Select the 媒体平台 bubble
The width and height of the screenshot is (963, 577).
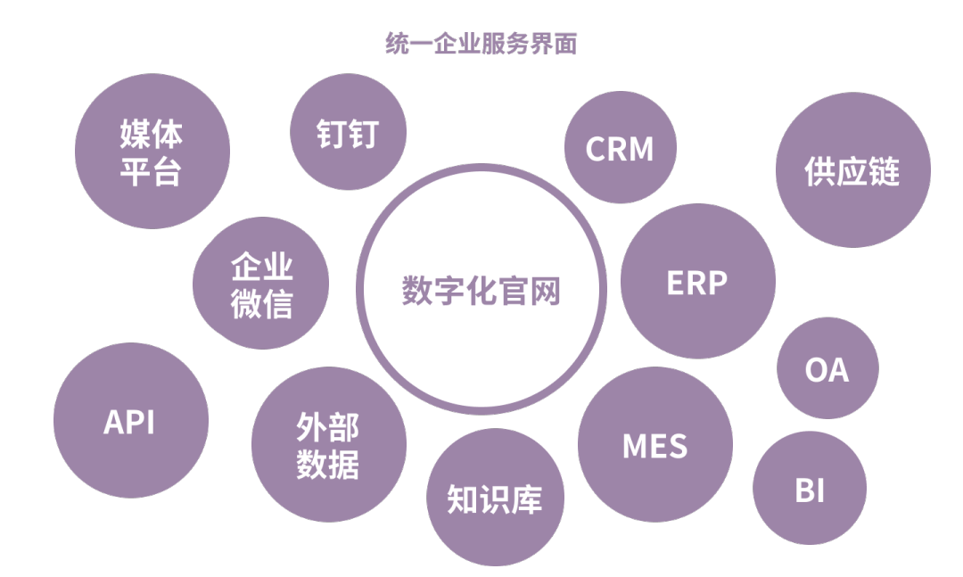(152, 152)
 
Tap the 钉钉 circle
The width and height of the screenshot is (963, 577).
(348, 133)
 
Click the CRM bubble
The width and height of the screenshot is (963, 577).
(620, 148)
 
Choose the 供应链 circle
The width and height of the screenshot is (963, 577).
(852, 170)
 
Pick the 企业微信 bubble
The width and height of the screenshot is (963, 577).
(261, 284)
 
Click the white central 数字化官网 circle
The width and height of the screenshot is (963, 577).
(481, 290)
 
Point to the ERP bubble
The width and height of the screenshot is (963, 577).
(697, 282)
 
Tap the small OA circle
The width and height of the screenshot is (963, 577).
(827, 368)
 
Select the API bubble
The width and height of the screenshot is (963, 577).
(130, 421)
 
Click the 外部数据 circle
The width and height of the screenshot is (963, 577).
(328, 445)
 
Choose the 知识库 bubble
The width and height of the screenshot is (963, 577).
(494, 499)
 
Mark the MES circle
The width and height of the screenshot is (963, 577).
(654, 445)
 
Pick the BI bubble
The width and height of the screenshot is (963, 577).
(809, 490)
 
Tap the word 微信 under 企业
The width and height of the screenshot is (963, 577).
(261, 303)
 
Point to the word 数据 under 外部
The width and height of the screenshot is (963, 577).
(328, 464)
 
